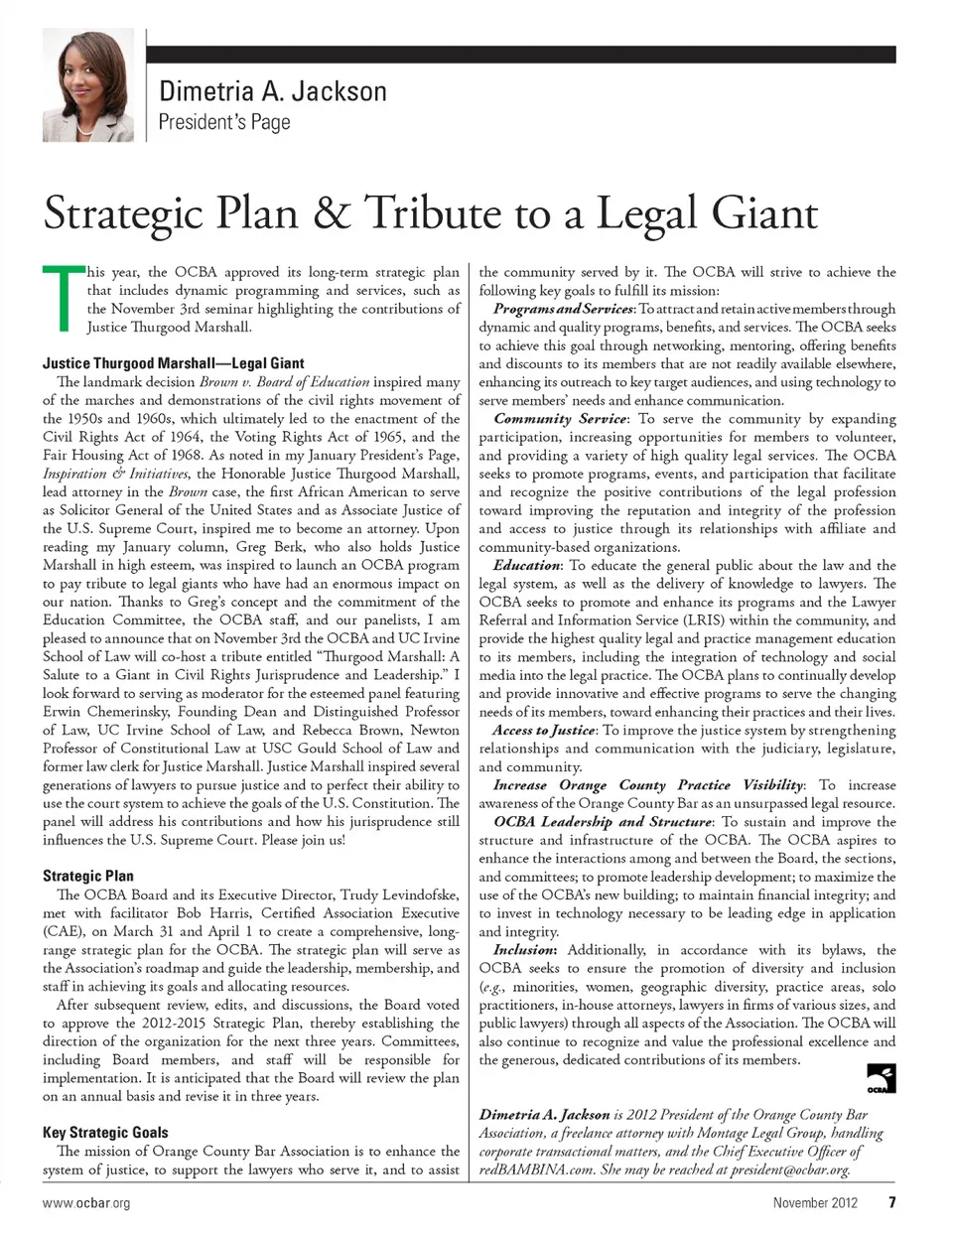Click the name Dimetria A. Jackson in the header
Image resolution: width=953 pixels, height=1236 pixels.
point(273,92)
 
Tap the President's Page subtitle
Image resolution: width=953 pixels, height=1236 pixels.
point(224,123)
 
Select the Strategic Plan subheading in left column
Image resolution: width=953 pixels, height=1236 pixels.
point(88,876)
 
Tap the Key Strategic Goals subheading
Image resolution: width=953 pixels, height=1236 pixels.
point(105,1132)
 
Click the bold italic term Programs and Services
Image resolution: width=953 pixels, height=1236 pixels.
point(563,309)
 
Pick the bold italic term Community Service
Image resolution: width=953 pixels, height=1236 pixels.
point(560,419)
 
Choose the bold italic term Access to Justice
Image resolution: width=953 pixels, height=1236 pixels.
point(544,731)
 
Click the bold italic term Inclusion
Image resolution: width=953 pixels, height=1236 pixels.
point(525,950)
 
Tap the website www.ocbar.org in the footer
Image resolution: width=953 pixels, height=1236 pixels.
point(86,1203)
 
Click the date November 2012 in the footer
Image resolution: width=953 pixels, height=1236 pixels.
point(815,1203)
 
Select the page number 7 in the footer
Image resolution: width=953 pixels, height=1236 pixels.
point(892,1203)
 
